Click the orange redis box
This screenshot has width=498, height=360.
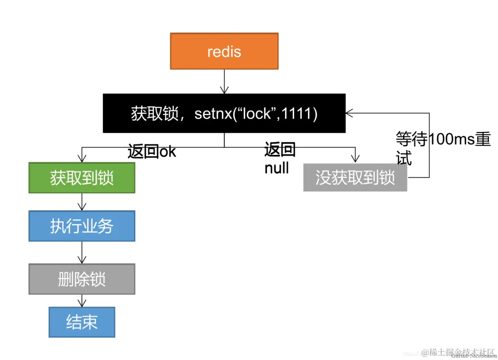tap(224, 51)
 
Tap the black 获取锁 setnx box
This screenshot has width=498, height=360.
tap(224, 113)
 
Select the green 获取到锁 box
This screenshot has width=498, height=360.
tap(82, 177)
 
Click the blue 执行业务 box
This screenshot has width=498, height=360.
tap(82, 226)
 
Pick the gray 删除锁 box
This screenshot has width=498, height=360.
tap(82, 279)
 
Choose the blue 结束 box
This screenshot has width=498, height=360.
tap(82, 322)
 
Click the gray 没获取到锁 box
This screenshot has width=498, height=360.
tap(355, 177)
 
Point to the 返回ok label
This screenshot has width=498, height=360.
tap(152, 151)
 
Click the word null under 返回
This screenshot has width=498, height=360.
tap(277, 168)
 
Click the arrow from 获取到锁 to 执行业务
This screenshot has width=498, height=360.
tap(82, 201)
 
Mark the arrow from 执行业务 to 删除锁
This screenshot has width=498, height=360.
tap(82, 252)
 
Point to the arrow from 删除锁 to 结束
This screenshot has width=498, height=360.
tap(82, 301)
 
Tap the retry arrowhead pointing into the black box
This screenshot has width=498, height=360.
tap(349, 112)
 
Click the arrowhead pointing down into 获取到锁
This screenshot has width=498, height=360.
tap(82, 159)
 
